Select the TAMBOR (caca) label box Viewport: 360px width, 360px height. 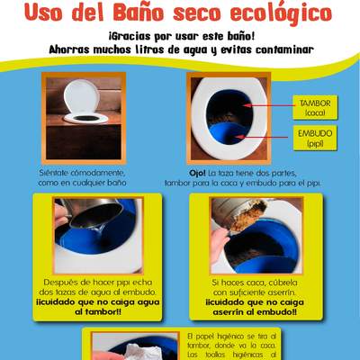(x=315, y=108)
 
